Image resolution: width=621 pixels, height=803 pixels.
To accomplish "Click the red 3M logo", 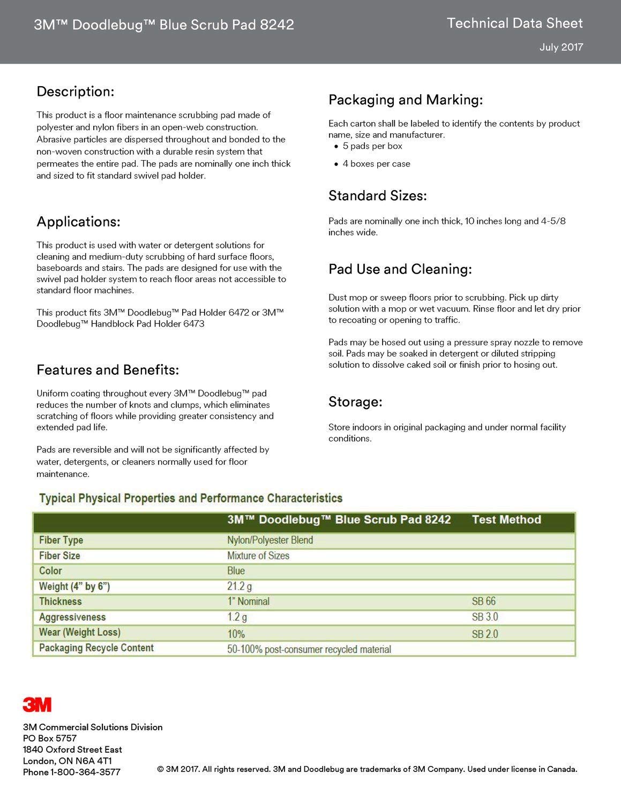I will coord(37,704).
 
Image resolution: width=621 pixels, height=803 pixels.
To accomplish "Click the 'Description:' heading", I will coord(75,92).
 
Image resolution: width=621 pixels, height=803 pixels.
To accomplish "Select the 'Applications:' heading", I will coord(78,222).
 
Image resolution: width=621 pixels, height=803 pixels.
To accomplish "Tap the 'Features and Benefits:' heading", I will coord(108,370).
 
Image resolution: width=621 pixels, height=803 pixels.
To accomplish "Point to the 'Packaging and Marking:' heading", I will coord(406,100).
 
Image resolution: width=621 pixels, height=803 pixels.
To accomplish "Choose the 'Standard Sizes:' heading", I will coord(377,196).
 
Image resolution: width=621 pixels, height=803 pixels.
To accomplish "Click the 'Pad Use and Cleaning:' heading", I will coord(400,269).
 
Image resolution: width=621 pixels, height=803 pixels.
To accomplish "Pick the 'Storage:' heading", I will coord(355,402).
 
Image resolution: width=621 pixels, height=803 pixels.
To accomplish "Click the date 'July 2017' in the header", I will coord(561,47).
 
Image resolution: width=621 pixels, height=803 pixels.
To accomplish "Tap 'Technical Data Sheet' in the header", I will coord(514,23).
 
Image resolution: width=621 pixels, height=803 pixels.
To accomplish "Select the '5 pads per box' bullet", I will coord(372,146).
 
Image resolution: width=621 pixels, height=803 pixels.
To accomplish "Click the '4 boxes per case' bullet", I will coord(376,164).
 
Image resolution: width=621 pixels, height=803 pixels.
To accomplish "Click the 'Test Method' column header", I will coord(506,520).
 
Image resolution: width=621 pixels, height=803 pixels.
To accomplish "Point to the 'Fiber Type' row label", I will coord(61,540).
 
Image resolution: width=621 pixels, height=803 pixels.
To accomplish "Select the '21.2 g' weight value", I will coord(240,586).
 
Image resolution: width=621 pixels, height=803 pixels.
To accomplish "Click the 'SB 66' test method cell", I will coord(484,601).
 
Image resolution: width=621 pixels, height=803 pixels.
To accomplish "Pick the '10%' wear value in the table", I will coord(236,634).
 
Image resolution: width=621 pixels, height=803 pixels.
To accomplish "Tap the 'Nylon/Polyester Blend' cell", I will coord(270,540).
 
